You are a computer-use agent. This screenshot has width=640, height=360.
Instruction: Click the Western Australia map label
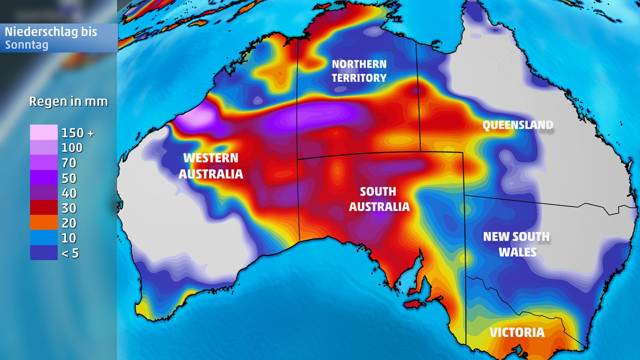[211, 166]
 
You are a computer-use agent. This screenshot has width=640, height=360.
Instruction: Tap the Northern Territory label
[359, 71]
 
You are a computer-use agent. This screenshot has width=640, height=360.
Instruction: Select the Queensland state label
[518, 125]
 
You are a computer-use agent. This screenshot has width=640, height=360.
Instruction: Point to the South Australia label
[379, 199]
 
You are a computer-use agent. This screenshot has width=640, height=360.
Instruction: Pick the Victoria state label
[517, 332]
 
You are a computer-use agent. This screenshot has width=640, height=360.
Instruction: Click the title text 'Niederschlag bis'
[51, 32]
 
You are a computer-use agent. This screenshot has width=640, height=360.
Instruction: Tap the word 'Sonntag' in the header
[26, 45]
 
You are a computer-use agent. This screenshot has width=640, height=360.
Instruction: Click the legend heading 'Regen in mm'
[68, 102]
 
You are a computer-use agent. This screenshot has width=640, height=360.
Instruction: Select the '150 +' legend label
[78, 133]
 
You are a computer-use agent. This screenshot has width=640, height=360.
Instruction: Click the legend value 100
[72, 148]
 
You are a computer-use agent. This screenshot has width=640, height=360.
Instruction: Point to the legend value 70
[69, 163]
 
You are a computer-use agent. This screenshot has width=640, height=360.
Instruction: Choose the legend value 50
[69, 178]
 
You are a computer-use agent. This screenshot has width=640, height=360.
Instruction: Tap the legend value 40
[69, 193]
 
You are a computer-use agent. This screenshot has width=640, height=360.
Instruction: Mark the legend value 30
[69, 208]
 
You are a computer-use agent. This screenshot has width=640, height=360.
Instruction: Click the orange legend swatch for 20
[44, 222]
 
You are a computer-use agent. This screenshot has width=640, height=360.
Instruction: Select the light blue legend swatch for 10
[44, 238]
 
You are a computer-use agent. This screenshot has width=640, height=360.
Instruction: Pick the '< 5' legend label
[70, 253]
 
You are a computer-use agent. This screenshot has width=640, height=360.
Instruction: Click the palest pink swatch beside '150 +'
[44, 132]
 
